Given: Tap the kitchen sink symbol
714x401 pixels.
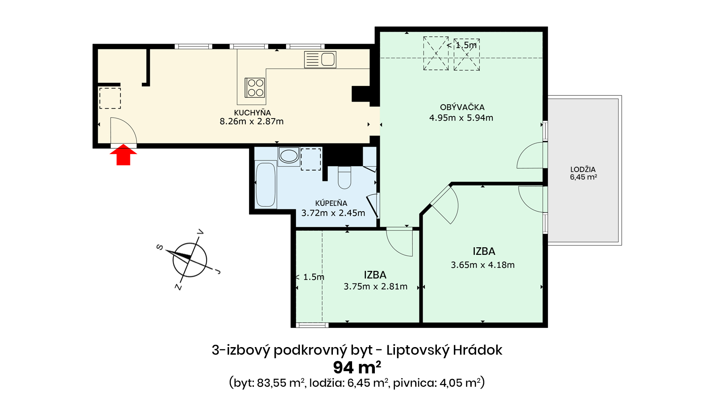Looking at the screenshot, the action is (320, 60).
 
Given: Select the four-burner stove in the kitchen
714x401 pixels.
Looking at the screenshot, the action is (255, 87).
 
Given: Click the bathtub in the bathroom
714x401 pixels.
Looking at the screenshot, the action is (266, 184).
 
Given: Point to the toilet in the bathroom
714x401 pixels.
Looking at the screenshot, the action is (344, 178).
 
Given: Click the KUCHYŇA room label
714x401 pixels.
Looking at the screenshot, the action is (252, 113).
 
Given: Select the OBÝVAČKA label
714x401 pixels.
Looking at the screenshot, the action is (462, 107).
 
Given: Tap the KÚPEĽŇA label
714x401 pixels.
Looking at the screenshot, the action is (331, 203).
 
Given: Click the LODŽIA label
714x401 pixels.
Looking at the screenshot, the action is (583, 169).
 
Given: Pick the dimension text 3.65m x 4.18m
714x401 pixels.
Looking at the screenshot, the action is (482, 265).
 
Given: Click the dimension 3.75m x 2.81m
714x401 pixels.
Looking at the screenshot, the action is (375, 286).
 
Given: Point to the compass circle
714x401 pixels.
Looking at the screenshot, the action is (190, 260).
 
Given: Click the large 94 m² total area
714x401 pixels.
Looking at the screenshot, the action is (357, 368).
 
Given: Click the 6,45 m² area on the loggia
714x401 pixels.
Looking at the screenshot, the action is (583, 177).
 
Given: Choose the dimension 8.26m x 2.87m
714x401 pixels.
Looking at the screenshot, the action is (252, 121).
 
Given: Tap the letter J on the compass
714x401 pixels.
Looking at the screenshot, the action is (218, 271).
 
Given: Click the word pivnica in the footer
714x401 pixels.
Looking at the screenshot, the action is (415, 383).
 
